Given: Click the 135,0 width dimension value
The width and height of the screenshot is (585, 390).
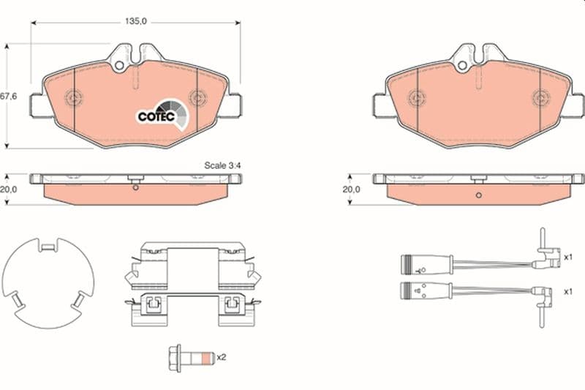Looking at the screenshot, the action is pyautogui.click(x=136, y=21).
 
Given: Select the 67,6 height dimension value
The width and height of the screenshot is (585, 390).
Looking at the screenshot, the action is pyautogui.click(x=8, y=97).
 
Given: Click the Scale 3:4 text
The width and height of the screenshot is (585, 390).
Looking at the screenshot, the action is pyautogui.click(x=222, y=165).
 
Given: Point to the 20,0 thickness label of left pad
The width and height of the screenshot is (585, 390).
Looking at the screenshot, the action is pyautogui.click(x=8, y=190).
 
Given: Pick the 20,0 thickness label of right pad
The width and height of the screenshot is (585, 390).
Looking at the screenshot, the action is pyautogui.click(x=352, y=190).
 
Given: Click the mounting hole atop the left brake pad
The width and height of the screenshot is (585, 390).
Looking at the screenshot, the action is pyautogui.click(x=119, y=66).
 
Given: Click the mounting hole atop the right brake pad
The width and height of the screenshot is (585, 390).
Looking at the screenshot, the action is pyautogui.click(x=462, y=66).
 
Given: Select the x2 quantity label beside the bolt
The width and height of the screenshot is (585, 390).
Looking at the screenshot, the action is pyautogui.click(x=222, y=357).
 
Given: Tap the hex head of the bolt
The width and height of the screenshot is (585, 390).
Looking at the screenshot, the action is pyautogui.click(x=175, y=359).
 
